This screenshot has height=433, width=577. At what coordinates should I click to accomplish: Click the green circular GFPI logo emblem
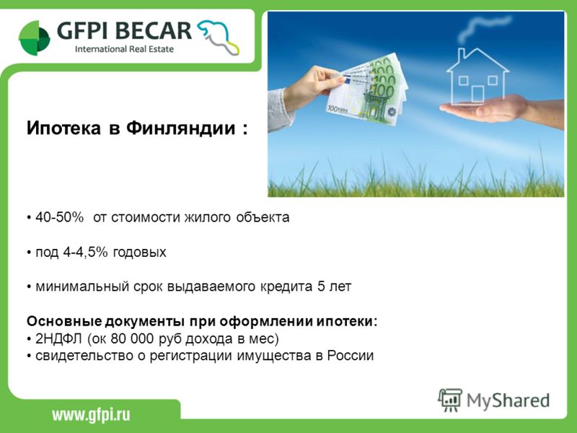[x=34, y=38]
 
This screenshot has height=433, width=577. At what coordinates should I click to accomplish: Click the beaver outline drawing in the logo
[x=218, y=37]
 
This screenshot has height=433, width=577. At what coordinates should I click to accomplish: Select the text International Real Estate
[x=124, y=49]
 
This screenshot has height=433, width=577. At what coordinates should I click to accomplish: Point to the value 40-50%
[x=60, y=217]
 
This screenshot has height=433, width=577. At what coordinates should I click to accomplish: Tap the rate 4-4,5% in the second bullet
[x=85, y=252]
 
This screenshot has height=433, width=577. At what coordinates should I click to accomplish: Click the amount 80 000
[x=133, y=338]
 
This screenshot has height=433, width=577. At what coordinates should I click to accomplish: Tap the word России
[x=351, y=355]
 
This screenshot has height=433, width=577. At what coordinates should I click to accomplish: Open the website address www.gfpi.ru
[x=91, y=415]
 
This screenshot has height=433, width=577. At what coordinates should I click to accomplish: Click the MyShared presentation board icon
[x=450, y=400]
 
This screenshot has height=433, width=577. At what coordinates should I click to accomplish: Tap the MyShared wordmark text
[x=508, y=401]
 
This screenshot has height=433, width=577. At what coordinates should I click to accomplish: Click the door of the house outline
[x=477, y=94]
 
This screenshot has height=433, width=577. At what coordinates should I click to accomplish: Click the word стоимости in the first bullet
[x=146, y=217]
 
